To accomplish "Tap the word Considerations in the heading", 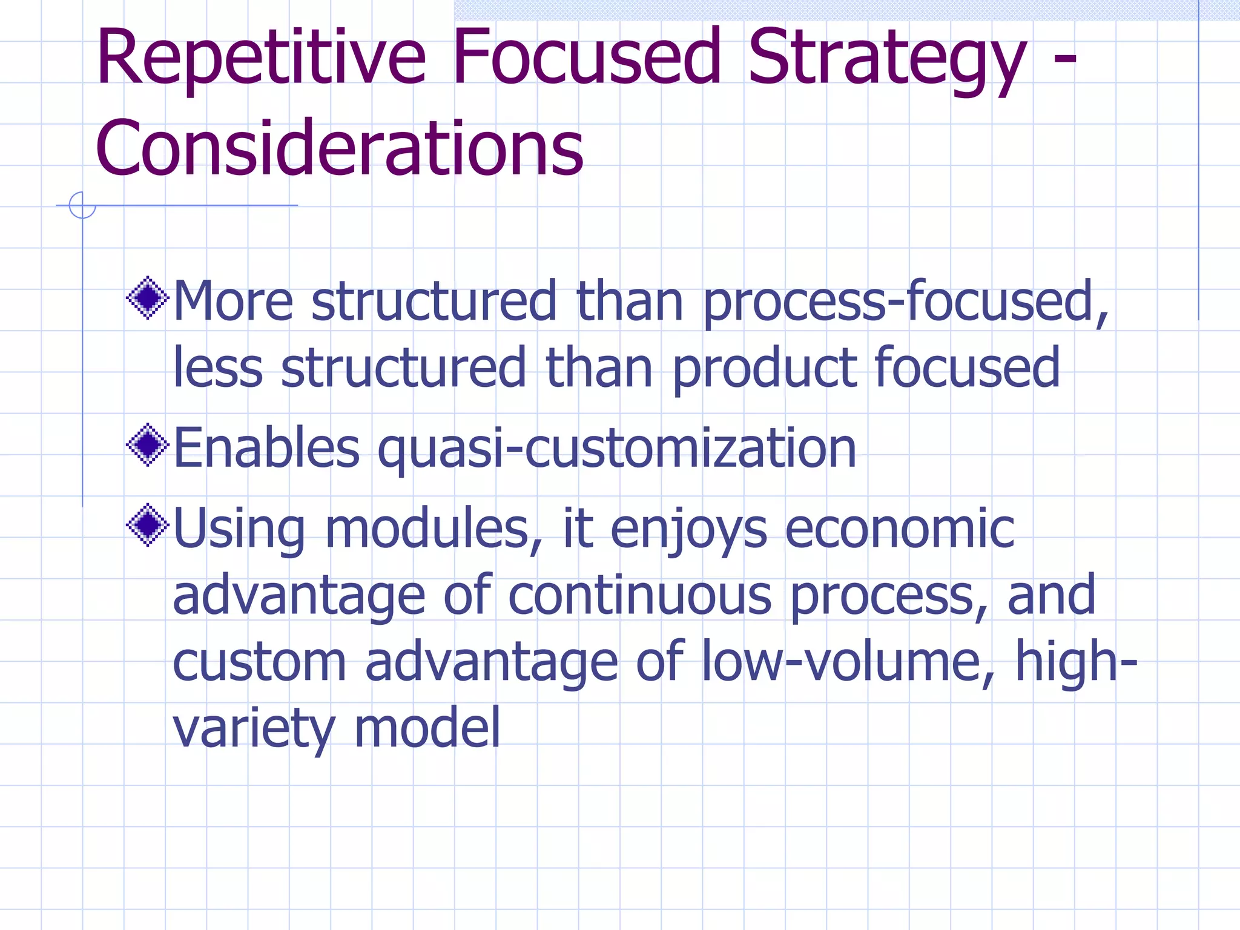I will (x=339, y=149).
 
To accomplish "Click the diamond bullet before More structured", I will (x=147, y=298).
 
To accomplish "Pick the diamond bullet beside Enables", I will (x=147, y=445).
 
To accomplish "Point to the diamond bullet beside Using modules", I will (x=147, y=525).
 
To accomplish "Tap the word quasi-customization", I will (x=617, y=449).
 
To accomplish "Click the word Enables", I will (x=266, y=449).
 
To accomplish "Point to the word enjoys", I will (x=688, y=529).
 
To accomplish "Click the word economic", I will (x=900, y=529).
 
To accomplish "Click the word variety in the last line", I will (x=253, y=729).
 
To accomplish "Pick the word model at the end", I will (x=427, y=729).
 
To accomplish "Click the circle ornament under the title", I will (x=82, y=205).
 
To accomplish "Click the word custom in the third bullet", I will (x=259, y=662).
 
